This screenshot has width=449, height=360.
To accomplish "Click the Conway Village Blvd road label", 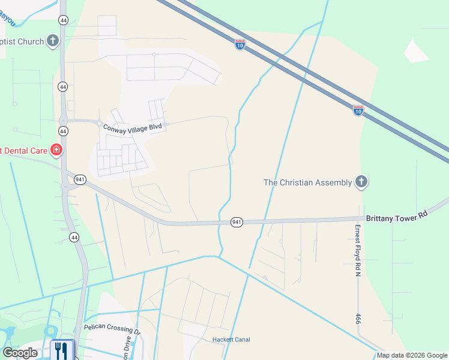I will (133, 128).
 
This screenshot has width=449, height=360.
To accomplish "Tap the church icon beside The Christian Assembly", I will (361, 182).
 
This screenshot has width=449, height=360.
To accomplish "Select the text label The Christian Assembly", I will (307, 182).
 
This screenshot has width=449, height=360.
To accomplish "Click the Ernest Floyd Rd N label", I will (357, 250).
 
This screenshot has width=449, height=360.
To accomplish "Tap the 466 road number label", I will (358, 319).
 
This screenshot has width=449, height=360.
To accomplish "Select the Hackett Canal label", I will (231, 340).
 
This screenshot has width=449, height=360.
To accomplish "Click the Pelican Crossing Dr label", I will (112, 331).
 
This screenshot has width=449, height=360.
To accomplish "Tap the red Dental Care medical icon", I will (56, 149).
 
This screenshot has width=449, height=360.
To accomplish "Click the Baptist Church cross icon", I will (53, 41).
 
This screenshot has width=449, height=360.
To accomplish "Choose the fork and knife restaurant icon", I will (62, 349).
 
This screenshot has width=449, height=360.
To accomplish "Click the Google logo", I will (20, 352).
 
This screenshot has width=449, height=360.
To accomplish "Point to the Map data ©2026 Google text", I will (411, 355).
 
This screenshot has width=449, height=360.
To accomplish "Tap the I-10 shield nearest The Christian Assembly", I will (358, 110).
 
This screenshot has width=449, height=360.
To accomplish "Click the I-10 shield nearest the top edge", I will (240, 44).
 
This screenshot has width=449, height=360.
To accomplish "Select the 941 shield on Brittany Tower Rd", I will (237, 223).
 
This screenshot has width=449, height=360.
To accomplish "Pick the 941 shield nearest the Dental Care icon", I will (80, 179).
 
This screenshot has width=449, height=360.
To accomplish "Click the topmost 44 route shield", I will (63, 20).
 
